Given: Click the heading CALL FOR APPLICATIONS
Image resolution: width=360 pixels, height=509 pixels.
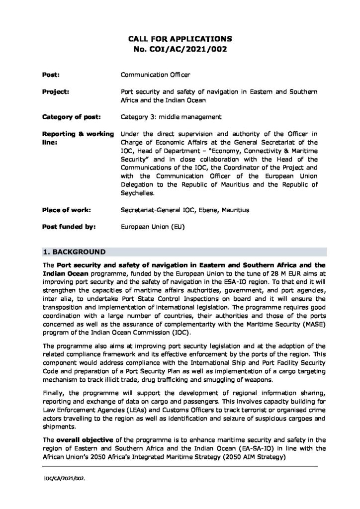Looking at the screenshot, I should click(x=180, y=38).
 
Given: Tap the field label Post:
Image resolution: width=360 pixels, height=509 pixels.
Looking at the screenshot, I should click(x=49, y=74).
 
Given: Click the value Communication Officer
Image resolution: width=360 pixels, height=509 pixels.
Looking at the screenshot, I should click(x=156, y=74).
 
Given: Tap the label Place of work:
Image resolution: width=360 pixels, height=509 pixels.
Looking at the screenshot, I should click(x=66, y=210).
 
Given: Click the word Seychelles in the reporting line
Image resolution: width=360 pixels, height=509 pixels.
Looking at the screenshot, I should click(x=138, y=193).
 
